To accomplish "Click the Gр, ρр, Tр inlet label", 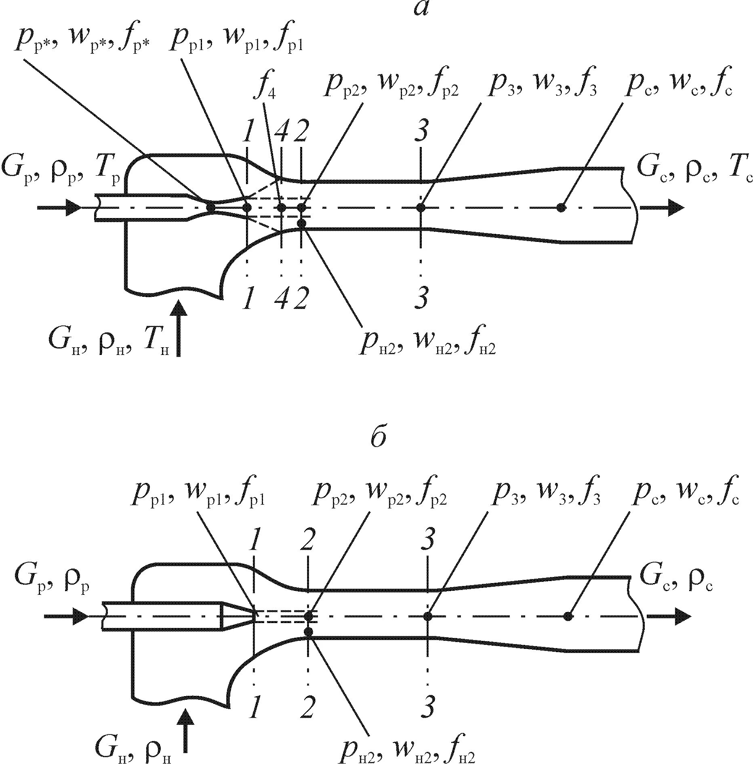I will (61, 170).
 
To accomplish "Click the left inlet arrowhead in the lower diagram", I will (80, 616).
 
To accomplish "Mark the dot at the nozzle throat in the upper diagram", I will (210, 208).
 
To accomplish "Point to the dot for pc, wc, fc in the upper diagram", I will (560, 208).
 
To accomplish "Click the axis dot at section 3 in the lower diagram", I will (428, 616).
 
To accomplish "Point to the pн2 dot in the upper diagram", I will (301, 223).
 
